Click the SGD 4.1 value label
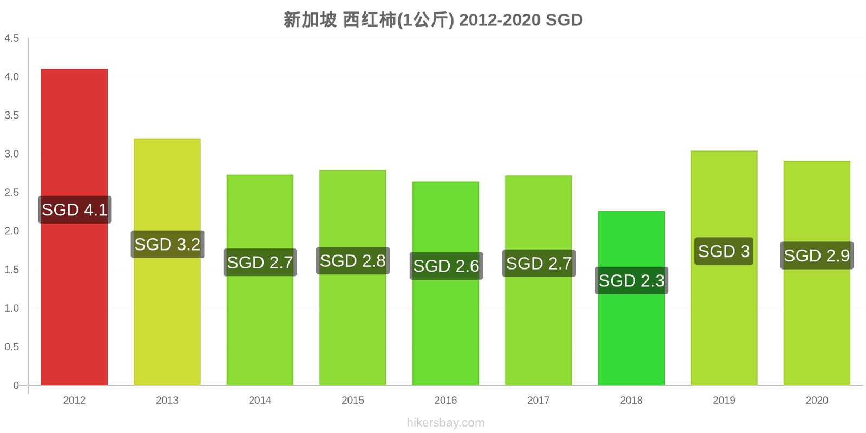coord(75,209)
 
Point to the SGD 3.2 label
coord(167,244)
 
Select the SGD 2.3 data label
coord(631,281)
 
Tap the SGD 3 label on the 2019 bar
coord(724,251)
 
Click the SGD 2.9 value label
coord(817,255)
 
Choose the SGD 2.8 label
coord(352,261)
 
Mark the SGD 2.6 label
coord(446,266)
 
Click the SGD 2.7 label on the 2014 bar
coord(260,263)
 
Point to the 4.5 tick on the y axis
coord(11,38)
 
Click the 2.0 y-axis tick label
coord(11,231)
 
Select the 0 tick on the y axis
coord(16,385)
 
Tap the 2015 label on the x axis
coord(352,400)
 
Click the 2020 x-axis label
coord(817,400)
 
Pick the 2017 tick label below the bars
coord(538,400)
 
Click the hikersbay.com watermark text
coord(445,423)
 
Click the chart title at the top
coord(433,19)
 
